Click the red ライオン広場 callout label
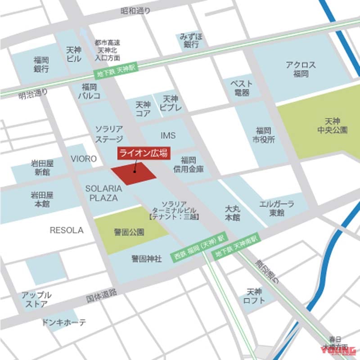point(144,153)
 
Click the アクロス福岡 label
point(301,69)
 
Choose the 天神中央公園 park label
point(336,126)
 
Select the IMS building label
point(168,135)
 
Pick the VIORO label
point(84,159)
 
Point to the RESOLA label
point(67,230)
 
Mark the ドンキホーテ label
point(63,323)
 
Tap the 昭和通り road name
point(135,10)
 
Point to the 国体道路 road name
point(102,296)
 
